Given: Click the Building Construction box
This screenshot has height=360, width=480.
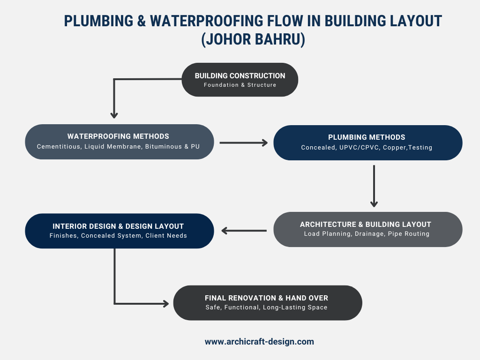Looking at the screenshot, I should pos(240,80).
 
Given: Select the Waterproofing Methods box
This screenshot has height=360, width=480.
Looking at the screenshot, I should pos(119,142).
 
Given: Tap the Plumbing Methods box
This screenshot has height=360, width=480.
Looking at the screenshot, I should pos(367,142).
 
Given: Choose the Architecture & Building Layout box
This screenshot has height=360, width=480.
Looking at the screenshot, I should pos(367,229).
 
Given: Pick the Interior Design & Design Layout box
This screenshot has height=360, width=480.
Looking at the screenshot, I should pos(119,231).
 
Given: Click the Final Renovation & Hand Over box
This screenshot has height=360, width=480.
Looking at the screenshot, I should pos(267,303).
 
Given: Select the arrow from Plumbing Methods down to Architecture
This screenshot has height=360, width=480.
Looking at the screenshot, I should pos(374,186).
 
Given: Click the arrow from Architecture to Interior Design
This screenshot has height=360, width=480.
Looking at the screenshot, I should pos(244,230).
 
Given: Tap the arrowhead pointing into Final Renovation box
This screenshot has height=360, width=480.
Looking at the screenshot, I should pos(165,304).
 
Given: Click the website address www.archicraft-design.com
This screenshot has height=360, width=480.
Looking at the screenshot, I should pos(259,342).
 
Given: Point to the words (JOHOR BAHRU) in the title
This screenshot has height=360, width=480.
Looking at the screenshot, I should pos(253,39).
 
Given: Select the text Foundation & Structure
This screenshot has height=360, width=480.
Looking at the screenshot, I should pos(240,85).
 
